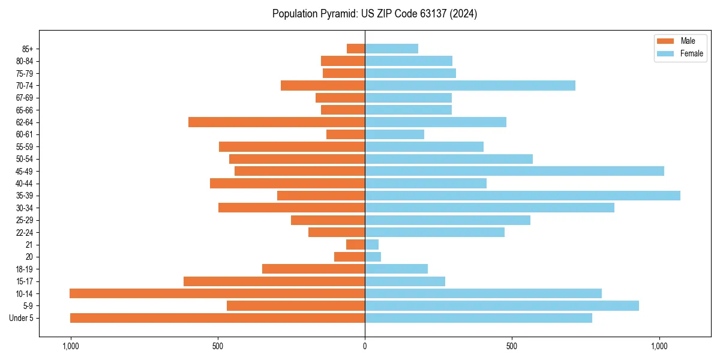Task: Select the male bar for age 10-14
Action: pyautogui.click(x=217, y=293)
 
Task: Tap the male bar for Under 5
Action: pyautogui.click(x=217, y=318)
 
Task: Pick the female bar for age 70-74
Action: pyautogui.click(x=470, y=85)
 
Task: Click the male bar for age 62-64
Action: pyautogui.click(x=277, y=122)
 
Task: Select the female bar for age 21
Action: pyautogui.click(x=371, y=244)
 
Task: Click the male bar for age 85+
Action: pyautogui.click(x=356, y=49)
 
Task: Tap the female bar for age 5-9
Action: pyautogui.click(x=502, y=305)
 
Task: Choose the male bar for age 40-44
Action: pyautogui.click(x=287, y=183)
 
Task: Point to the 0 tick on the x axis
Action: pyautogui.click(x=365, y=346)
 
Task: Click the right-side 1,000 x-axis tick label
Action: pyautogui.click(x=659, y=346)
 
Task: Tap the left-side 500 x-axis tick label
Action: pyautogui.click(x=217, y=346)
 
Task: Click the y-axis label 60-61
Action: pyautogui.click(x=25, y=134)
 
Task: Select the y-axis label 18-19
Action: pyautogui.click(x=25, y=269)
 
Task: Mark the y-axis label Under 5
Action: pyautogui.click(x=22, y=318)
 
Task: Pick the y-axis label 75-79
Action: pyautogui.click(x=25, y=73)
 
